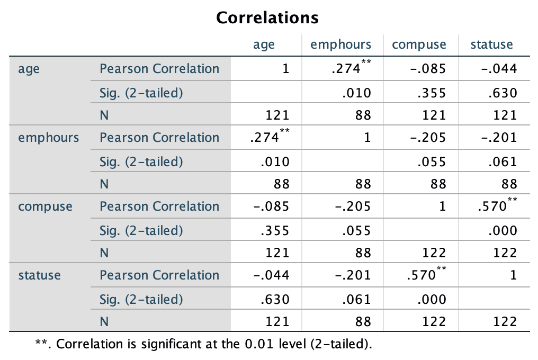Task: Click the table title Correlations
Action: pyautogui.click(x=268, y=18)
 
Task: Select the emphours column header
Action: pyautogui.click(x=341, y=44)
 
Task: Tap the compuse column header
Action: pyautogui.click(x=419, y=44)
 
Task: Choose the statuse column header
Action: pyautogui.click(x=491, y=44)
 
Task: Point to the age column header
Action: pyautogui.click(x=264, y=44)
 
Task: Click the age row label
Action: pyautogui.click(x=29, y=69)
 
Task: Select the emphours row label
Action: pyautogui.click(x=48, y=138)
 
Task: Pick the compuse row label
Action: pyautogui.click(x=45, y=206)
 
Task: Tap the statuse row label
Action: pyautogui.click(x=39, y=275)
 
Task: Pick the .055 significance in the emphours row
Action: pyautogui.click(x=431, y=162)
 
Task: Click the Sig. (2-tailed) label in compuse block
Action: pyautogui.click(x=141, y=231)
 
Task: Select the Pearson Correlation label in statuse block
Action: pyautogui.click(x=159, y=275)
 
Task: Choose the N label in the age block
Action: pyautogui.click(x=104, y=115)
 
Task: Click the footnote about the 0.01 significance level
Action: pyautogui.click(x=203, y=344)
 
